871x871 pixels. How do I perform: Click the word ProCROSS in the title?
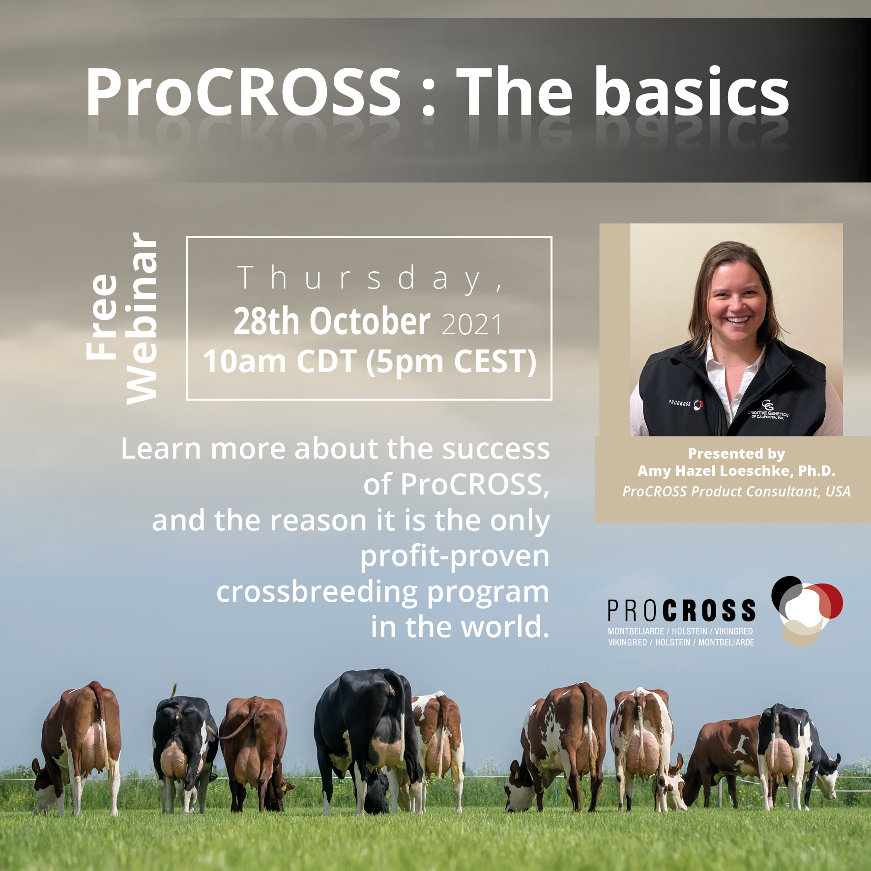tap(244, 92)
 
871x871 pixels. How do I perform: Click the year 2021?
tap(472, 324)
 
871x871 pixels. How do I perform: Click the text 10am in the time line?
tap(245, 361)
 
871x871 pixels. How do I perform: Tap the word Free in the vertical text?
tap(102, 317)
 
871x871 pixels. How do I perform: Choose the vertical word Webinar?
tap(142, 319)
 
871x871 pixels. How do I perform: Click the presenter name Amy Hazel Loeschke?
tap(714, 471)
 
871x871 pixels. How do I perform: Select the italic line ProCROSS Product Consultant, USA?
tap(736, 492)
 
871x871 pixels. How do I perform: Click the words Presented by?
tap(736, 453)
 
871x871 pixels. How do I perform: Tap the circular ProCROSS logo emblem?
tap(807, 611)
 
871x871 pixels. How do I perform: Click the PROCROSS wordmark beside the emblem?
tap(682, 610)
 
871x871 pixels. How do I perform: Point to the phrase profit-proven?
tap(455, 556)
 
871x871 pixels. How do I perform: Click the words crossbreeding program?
tap(382, 591)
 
